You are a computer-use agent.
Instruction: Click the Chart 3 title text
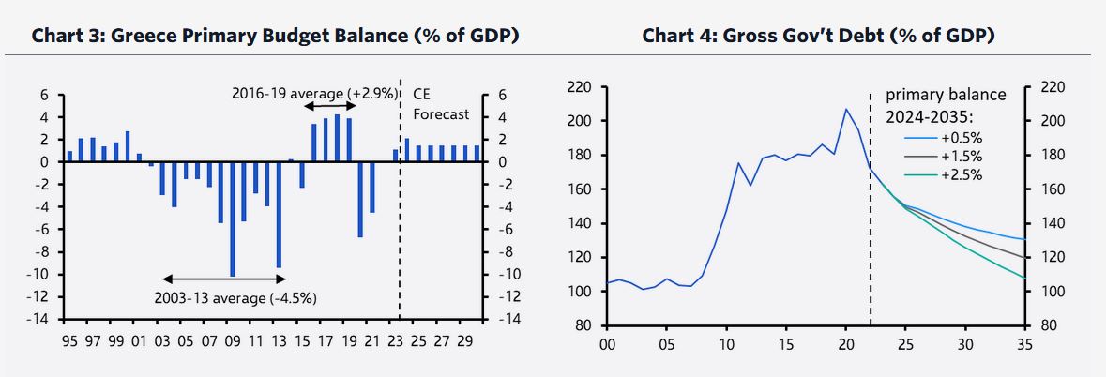[276, 36]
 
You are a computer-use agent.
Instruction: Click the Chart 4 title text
[818, 36]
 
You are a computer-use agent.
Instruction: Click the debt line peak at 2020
[846, 109]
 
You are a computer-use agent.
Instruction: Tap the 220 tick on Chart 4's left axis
[579, 87]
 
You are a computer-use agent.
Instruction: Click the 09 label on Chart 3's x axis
[232, 341]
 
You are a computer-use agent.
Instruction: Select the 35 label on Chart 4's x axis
[1023, 344]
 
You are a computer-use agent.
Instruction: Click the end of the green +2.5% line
[1023, 278]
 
